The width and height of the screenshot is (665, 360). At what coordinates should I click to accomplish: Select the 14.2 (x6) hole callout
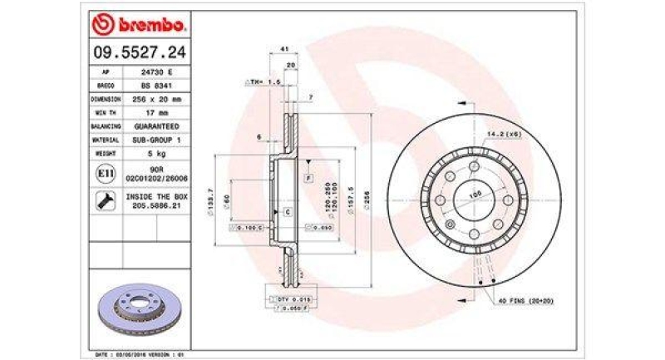tap(505, 133)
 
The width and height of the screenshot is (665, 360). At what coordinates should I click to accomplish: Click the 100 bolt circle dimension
tap(476, 195)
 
